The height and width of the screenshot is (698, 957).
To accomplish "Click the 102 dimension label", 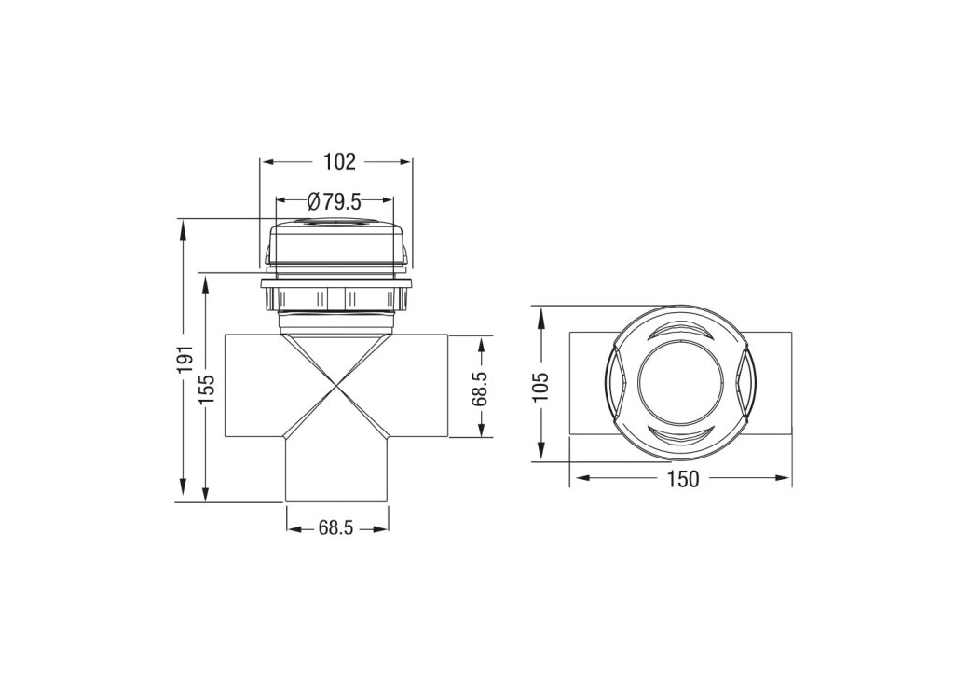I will click(339, 161).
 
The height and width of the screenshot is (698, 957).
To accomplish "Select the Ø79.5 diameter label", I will click(334, 200).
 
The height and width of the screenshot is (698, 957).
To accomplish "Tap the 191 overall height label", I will click(185, 359).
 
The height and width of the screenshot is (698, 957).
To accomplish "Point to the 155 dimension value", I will click(208, 386).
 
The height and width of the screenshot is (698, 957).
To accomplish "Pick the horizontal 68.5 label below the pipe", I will click(336, 528).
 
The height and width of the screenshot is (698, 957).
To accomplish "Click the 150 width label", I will click(682, 479).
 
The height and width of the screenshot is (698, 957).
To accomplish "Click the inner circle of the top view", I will click(680, 383).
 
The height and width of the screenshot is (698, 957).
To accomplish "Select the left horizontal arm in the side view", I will click(252, 386).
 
